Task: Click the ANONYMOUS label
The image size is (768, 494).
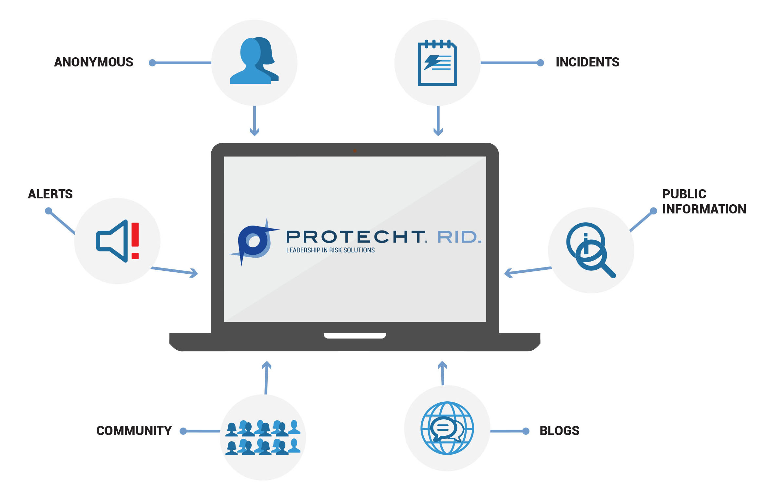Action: (94, 62)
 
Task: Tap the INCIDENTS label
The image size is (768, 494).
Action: (587, 62)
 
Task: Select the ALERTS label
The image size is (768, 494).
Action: (50, 194)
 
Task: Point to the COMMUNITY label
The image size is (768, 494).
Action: (134, 431)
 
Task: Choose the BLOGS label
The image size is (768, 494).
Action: (560, 431)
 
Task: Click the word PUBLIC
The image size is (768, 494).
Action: (684, 194)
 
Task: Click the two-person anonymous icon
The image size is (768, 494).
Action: (254, 61)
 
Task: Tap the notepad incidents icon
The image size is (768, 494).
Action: (437, 63)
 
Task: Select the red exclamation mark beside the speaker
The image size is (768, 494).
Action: (135, 241)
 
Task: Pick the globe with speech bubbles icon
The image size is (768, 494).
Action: (447, 428)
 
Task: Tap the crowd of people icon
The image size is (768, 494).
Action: (263, 438)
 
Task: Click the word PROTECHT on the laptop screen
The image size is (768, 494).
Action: (356, 237)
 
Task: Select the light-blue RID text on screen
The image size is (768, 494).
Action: (459, 237)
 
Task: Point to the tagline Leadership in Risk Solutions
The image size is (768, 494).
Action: (330, 250)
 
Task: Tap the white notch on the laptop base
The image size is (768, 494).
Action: (355, 336)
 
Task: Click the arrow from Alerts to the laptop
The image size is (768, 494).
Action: (174, 271)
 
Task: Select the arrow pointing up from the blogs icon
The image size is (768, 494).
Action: (443, 373)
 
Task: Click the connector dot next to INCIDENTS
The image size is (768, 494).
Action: (541, 63)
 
